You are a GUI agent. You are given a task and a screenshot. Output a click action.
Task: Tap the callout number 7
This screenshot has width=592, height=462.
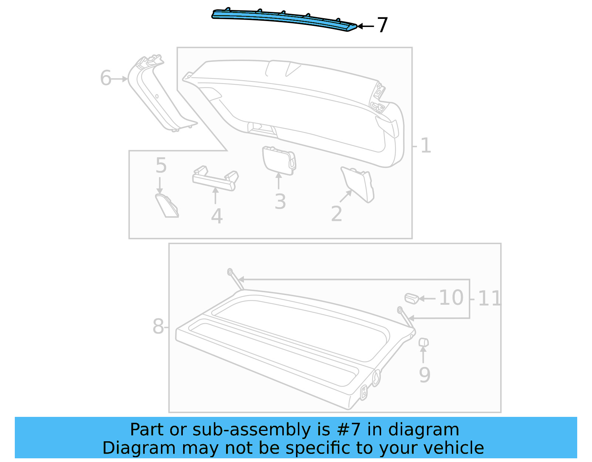tap(382, 26)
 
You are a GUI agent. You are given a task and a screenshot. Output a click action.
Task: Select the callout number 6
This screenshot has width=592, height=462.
tap(105, 78)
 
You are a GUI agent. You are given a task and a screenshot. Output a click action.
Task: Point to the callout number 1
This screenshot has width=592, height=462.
tap(425, 146)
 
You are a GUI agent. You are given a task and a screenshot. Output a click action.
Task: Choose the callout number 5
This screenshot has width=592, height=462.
tap(161, 165)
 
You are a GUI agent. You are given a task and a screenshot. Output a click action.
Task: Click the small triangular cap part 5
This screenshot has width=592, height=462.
tap(166, 206)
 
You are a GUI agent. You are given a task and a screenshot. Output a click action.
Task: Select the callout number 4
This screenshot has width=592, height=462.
tap(217, 216)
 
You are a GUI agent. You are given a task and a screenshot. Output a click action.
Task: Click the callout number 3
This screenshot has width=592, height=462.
tap(280, 202)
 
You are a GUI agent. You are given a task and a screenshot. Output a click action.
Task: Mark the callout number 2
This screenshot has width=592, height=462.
tap(336, 214)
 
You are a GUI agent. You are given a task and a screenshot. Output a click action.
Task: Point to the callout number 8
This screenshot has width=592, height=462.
tap(158, 327)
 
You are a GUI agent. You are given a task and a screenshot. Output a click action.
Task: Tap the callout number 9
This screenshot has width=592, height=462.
tap(424, 375)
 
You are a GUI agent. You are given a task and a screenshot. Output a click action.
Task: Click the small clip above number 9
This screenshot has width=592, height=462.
tap(423, 342)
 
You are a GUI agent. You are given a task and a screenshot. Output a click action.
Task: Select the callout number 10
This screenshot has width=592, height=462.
tap(451, 298)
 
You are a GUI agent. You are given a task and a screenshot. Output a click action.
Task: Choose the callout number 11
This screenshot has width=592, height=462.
tap(489, 299)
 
